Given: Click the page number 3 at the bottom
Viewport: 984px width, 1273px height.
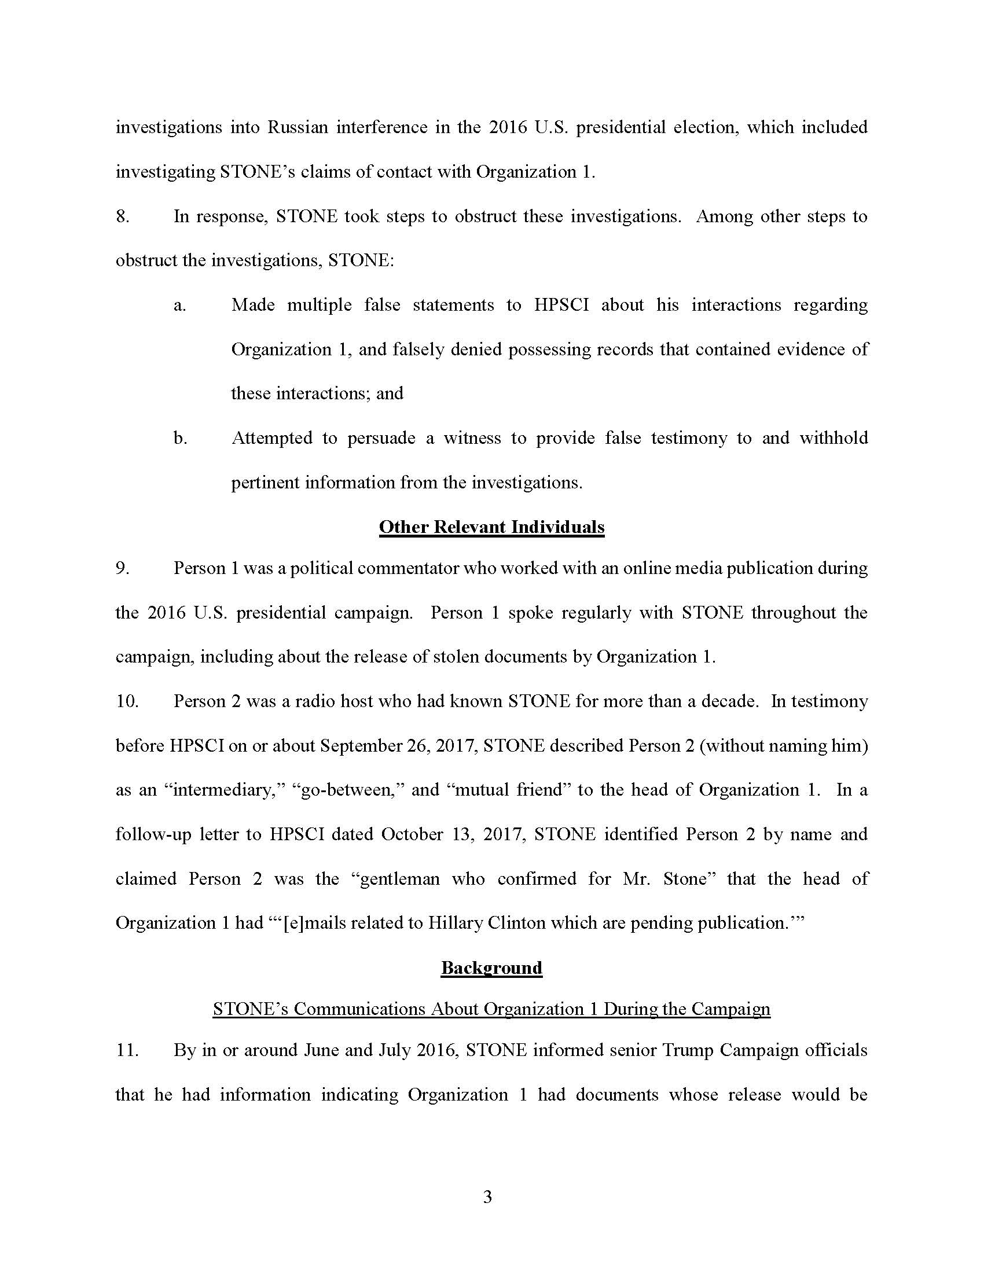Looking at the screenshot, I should point(488,1197).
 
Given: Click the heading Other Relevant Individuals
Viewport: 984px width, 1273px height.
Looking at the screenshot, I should point(491,527).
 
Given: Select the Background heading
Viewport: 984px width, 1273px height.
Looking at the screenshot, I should point(491,967).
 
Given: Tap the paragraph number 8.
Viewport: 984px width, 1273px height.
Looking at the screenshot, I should point(122,216).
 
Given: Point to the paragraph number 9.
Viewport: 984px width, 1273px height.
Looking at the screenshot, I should point(122,568).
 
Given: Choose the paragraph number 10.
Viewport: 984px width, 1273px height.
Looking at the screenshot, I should point(127,701).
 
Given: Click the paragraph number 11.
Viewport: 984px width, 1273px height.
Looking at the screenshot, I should point(127,1050).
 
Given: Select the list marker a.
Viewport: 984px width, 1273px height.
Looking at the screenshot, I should point(179,305).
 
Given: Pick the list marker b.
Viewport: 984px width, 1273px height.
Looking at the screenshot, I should point(180,438).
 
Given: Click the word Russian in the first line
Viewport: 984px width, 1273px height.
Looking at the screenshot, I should point(298,127).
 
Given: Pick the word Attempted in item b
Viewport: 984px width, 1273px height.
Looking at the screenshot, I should point(271,438).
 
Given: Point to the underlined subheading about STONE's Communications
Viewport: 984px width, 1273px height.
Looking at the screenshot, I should point(491,1009).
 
